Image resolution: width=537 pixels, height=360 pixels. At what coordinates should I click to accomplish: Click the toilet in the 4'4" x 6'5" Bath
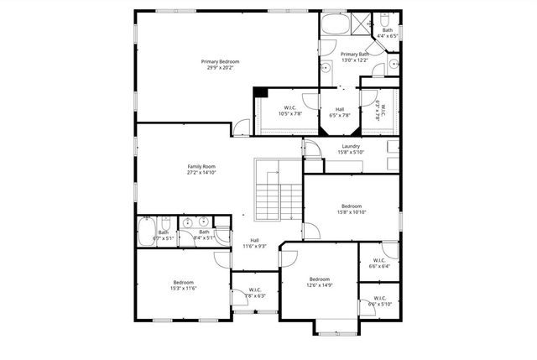pos(382,18)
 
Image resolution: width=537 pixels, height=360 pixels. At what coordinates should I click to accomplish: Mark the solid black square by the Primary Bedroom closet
pos(260,92)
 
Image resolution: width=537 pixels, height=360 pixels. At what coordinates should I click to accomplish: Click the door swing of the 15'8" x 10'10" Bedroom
pos(310,230)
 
